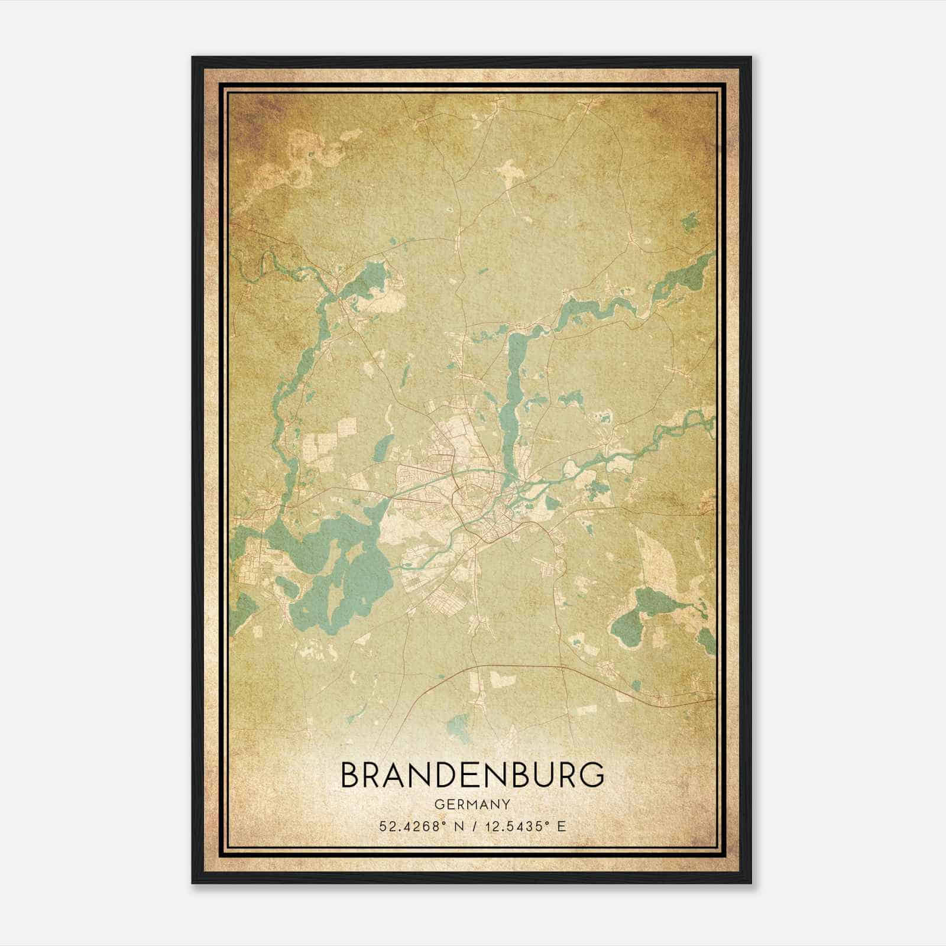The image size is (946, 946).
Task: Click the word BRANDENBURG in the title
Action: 473,775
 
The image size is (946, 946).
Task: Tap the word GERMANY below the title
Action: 473,805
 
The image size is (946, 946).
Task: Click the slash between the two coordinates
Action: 473,826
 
